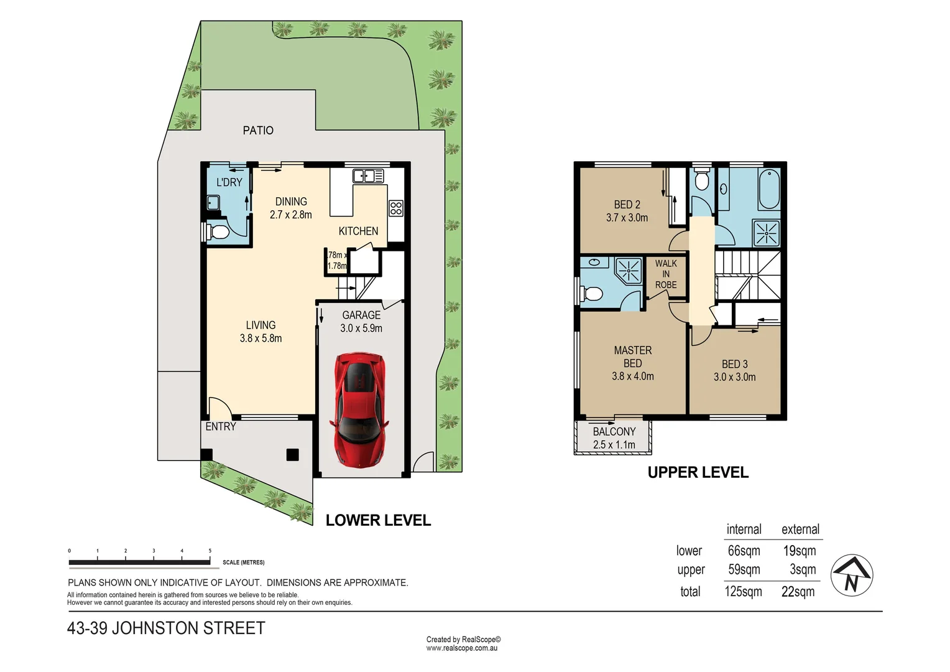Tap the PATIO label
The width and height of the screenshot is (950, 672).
pos(258,130)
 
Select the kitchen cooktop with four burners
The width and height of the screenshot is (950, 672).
pos(396,208)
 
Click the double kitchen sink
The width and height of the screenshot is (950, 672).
pos(368,176)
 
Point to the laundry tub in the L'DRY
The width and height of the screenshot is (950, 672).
pos(213,203)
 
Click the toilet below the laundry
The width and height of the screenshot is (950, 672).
pos(218,233)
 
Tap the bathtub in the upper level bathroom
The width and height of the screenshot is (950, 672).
pos(769,189)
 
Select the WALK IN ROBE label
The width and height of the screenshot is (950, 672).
pos(665,274)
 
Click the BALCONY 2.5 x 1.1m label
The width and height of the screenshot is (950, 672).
pos(614,438)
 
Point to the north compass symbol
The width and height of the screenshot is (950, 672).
pos(852,576)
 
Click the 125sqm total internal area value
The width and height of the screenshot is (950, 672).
pos(743,592)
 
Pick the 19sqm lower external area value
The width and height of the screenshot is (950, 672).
pos(799,551)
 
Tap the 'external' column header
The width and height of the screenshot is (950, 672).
pos(800,530)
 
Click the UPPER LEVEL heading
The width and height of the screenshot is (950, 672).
pos(698,473)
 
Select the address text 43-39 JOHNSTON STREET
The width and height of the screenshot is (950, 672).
pos(166,628)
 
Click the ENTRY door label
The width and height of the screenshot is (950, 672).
pos(221,427)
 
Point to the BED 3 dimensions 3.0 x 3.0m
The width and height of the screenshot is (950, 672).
pos(734,377)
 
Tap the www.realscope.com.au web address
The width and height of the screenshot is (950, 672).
pos(461,648)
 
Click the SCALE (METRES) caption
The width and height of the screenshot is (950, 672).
pos(243,562)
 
